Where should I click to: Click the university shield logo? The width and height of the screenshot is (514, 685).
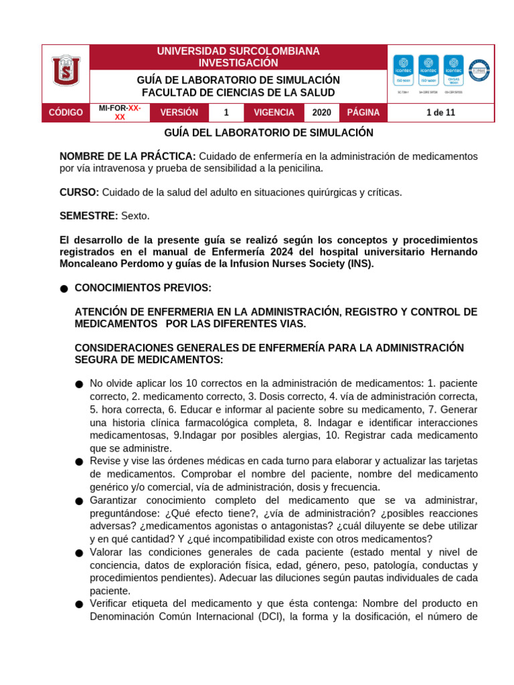click(x=66, y=71)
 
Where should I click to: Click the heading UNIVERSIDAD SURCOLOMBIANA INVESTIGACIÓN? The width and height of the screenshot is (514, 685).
click(x=238, y=57)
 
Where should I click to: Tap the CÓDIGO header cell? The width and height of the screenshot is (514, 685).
click(x=66, y=112)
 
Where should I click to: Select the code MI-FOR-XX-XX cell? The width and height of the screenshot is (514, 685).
click(x=120, y=112)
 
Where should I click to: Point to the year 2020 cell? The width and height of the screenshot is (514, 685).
click(x=321, y=112)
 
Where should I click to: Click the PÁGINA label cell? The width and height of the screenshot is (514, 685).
click(x=363, y=112)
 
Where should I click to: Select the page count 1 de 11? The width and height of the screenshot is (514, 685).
click(x=440, y=112)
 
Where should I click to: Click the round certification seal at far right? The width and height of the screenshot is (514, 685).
click(x=479, y=70)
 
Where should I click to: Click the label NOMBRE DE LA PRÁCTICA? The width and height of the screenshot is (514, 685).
click(x=128, y=156)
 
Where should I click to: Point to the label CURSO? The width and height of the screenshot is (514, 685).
click(x=79, y=192)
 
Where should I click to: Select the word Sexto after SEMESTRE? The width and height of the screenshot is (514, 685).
click(x=136, y=215)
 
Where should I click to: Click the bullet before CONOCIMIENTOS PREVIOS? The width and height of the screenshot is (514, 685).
click(x=64, y=289)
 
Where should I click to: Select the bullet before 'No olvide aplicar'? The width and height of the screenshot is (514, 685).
click(x=79, y=385)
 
